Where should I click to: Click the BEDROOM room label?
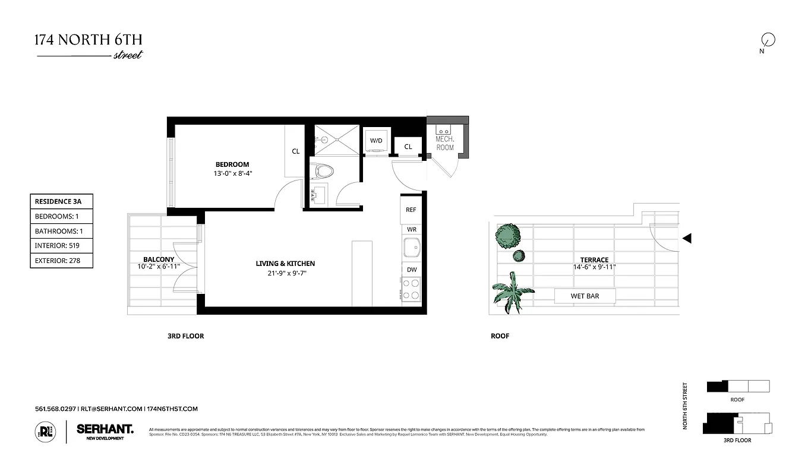tap(232, 164)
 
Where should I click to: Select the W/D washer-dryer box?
tap(376, 141)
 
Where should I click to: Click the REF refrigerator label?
tap(411, 210)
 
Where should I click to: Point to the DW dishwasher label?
tap(411, 270)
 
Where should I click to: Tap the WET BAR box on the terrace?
tap(585, 296)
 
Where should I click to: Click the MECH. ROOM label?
tap(444, 143)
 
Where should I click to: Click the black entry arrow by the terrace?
tap(687, 239)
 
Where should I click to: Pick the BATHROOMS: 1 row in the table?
tap(61, 231)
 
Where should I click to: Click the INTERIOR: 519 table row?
tap(61, 245)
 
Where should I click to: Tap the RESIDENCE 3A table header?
tap(61, 202)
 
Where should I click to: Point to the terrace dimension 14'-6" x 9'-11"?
tap(594, 267)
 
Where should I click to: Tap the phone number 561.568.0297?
tap(55, 409)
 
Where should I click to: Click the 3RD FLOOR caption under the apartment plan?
tap(185, 336)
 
